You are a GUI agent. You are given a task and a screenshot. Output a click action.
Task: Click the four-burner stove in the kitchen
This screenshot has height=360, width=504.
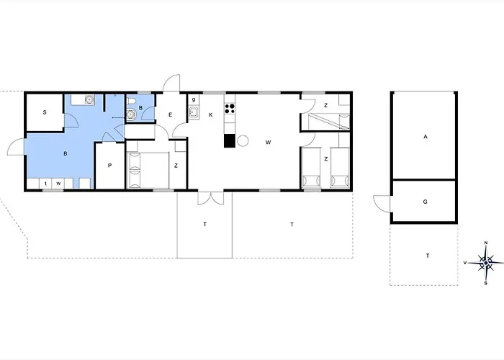click(x=230, y=108)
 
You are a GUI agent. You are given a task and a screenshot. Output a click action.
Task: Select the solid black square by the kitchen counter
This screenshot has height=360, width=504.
click(x=230, y=141)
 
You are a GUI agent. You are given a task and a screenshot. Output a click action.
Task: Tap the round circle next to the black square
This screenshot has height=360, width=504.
click(x=243, y=141)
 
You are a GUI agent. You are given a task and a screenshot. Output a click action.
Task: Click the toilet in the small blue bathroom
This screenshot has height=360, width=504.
click(x=131, y=102)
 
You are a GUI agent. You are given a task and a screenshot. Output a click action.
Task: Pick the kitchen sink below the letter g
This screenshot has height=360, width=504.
click(x=194, y=112)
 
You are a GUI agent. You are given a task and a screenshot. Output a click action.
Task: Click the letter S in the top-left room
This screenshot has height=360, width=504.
click(x=45, y=112)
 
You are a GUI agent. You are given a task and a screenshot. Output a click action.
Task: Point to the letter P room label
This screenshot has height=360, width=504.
click(x=109, y=166)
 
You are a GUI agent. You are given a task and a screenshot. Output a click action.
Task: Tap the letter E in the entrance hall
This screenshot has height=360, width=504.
click(x=171, y=114)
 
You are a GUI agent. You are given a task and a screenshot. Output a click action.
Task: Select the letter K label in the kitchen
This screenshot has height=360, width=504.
click(x=210, y=114)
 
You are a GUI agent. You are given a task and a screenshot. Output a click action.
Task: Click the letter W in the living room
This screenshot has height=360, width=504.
click(x=268, y=142)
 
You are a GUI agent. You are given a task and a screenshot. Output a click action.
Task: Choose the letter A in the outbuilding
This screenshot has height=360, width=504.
click(x=426, y=137)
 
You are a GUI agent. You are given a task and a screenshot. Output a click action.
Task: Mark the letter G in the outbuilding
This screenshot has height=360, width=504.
click(x=426, y=202)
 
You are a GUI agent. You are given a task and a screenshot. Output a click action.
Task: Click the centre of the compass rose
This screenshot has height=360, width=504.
click(x=486, y=263)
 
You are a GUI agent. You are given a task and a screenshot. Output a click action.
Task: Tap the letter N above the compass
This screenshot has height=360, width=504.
click(x=486, y=243)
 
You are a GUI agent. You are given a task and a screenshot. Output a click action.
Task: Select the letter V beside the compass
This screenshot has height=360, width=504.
click(x=465, y=263)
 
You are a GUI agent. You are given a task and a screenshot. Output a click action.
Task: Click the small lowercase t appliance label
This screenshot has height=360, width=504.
click(x=46, y=184)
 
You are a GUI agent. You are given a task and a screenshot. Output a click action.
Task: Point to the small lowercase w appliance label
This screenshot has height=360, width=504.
click(x=58, y=184)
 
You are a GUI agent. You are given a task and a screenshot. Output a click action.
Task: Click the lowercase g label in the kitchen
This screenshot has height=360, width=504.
click(x=194, y=99)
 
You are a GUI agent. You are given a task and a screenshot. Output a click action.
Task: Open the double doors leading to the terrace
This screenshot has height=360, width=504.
click(x=210, y=198)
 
